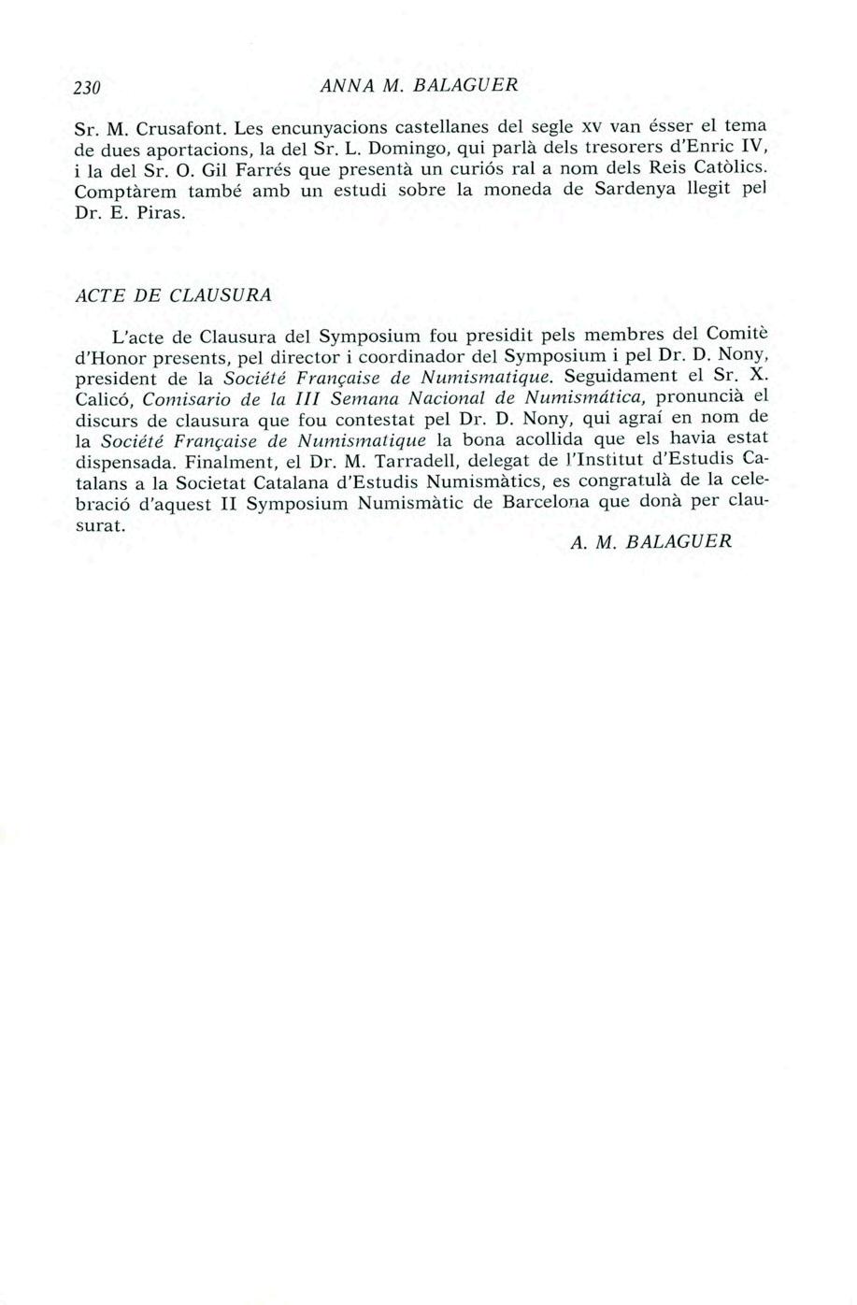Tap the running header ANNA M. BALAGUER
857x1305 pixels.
pyautogui.click(x=418, y=84)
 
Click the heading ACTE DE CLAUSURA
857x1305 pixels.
pyautogui.click(x=172, y=294)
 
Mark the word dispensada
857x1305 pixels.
pyautogui.click(x=124, y=462)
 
